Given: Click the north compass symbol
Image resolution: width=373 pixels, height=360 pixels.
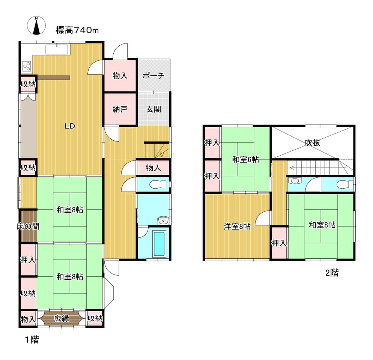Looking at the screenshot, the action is click(x=36, y=25).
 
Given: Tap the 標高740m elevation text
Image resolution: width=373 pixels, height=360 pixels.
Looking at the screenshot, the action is click(x=77, y=30).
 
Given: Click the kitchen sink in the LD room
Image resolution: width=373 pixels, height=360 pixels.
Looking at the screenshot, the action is click(x=57, y=49).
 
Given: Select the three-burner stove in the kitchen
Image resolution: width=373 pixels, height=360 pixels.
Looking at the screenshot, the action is click(x=27, y=66).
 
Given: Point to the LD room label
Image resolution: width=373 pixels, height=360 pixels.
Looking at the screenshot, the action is click(x=70, y=126).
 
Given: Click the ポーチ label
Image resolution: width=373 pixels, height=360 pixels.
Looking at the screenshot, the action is click(x=153, y=76).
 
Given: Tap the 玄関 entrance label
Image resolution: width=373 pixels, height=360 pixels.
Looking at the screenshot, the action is click(x=153, y=109).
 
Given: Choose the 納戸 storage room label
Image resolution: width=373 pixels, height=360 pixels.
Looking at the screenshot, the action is click(x=120, y=109).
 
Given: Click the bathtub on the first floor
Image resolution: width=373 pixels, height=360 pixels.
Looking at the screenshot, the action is click(x=159, y=244).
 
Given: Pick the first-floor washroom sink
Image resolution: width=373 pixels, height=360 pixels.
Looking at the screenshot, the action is click(x=163, y=220).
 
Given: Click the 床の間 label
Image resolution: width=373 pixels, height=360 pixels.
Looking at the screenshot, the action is click(x=28, y=226).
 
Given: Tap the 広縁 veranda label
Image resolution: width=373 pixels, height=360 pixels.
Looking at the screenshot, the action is click(x=62, y=318).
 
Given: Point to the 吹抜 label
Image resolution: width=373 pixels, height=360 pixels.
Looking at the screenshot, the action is click(x=313, y=142).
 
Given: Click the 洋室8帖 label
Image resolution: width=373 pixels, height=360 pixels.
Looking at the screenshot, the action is click(x=237, y=226).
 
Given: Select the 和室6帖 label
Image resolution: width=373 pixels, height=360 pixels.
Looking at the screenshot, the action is click(x=245, y=159).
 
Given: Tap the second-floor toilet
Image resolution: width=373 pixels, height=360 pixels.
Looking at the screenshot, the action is click(x=345, y=184).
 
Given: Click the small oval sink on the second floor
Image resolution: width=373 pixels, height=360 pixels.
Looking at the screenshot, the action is click(x=295, y=181).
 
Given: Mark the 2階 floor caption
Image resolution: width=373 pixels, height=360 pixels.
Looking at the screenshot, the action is click(x=332, y=273).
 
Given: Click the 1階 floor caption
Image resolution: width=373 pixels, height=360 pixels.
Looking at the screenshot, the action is click(x=32, y=339).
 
